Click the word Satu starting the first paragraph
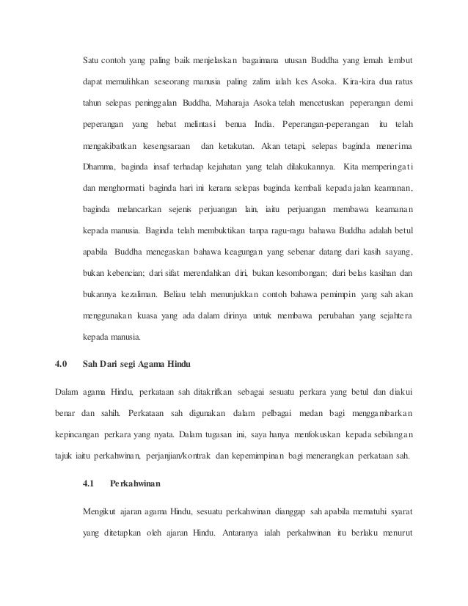pos(90,59)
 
